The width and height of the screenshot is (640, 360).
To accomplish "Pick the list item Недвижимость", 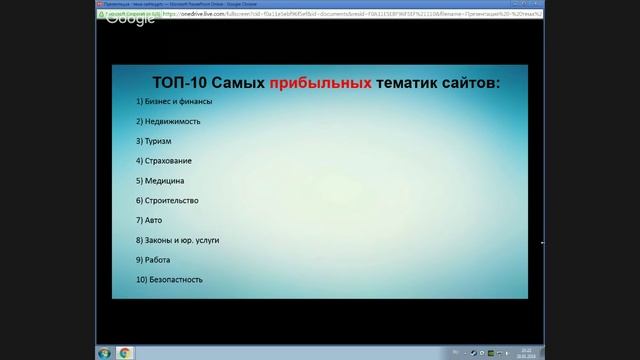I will [x=167, y=121].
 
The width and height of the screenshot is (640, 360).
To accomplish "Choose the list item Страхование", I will [x=164, y=160].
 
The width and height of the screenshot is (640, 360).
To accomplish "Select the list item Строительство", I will [x=167, y=200].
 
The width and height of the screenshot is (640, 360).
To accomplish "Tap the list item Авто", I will [x=149, y=219].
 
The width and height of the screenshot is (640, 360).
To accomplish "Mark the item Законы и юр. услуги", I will [x=177, y=240].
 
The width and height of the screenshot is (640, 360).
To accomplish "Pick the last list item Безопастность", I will [x=170, y=279].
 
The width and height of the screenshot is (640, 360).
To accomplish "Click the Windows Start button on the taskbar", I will [x=104, y=352].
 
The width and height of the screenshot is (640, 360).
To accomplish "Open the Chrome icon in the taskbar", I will [x=125, y=352].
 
